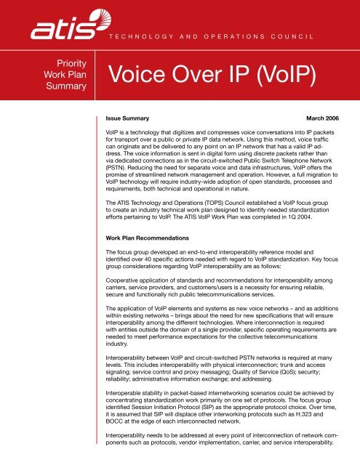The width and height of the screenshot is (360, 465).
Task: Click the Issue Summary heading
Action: point(128,116)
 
